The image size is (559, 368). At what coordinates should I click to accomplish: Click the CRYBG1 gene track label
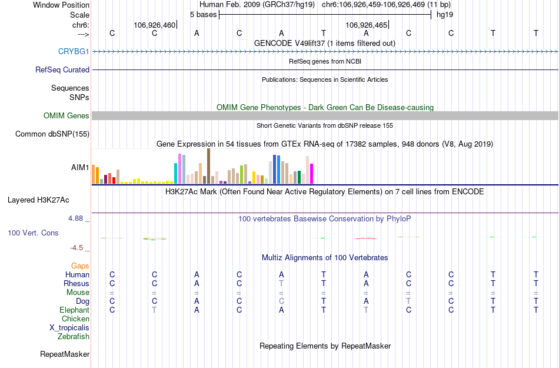74,51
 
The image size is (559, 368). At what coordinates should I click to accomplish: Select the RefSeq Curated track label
62,69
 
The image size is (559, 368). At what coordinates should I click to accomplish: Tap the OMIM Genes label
66,116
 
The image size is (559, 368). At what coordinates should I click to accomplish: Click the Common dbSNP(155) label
52,134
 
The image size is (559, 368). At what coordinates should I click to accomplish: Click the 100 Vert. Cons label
33,233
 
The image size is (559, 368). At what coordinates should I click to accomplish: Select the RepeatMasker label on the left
65,354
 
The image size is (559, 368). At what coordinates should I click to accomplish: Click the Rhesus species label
76,283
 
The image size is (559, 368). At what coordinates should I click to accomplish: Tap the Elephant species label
74,310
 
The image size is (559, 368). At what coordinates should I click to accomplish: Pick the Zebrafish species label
74,337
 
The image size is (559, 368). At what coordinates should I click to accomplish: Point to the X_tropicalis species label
69,328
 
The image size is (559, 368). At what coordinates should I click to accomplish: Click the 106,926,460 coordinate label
154,25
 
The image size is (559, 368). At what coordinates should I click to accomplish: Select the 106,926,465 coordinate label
366,25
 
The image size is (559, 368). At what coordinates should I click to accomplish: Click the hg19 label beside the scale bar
444,14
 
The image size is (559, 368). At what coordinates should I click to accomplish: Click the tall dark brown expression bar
208,166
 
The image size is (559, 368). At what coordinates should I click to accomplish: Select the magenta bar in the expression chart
312,174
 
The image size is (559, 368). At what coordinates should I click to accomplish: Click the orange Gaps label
80,266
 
